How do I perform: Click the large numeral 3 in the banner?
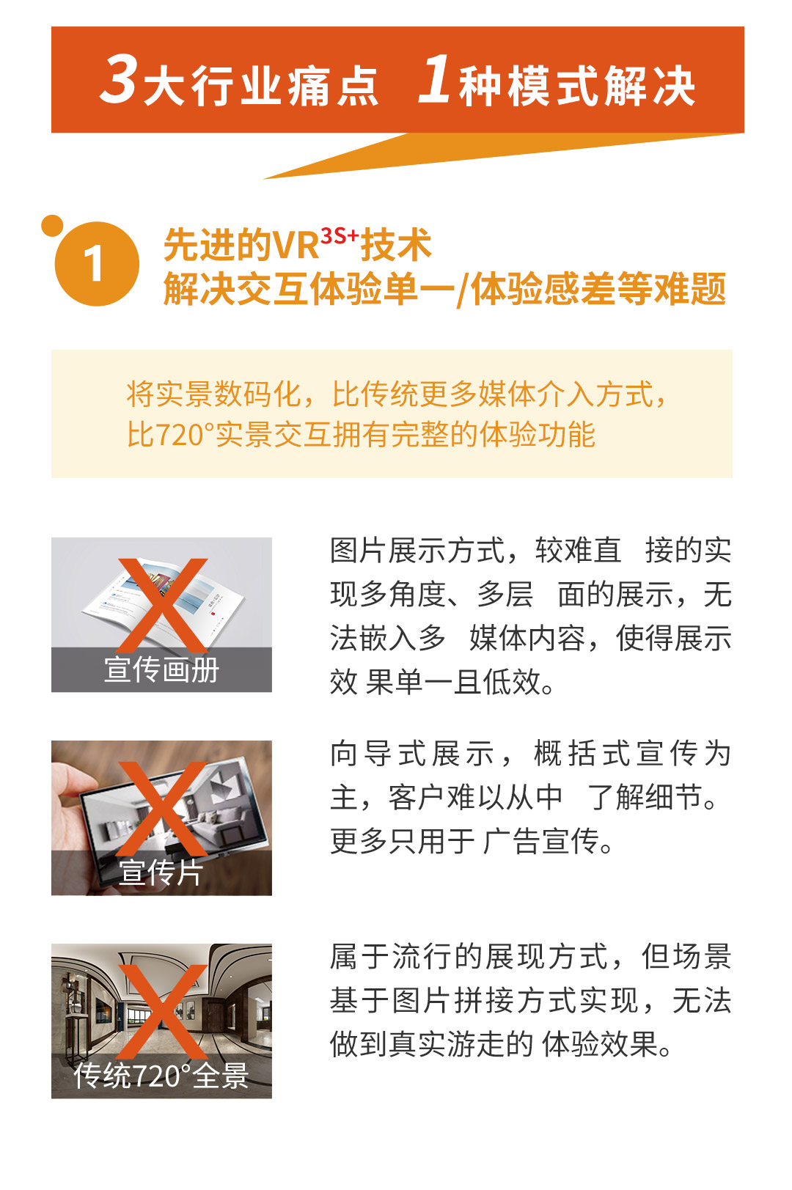coord(120,80)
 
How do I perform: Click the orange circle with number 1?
coord(97,263)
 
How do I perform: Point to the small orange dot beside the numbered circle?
coord(52,225)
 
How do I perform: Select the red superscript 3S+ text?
coord(339,236)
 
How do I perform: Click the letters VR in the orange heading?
coord(295,246)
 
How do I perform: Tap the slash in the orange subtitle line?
coord(463,290)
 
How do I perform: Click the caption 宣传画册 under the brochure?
coord(161,669)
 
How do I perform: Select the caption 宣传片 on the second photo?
coord(161,873)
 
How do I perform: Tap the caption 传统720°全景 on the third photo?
coord(161,1076)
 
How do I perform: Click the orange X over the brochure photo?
coord(162,605)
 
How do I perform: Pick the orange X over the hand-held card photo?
coord(162,809)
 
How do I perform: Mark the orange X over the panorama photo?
coord(162,1012)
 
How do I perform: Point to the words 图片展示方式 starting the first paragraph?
coord(417,551)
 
